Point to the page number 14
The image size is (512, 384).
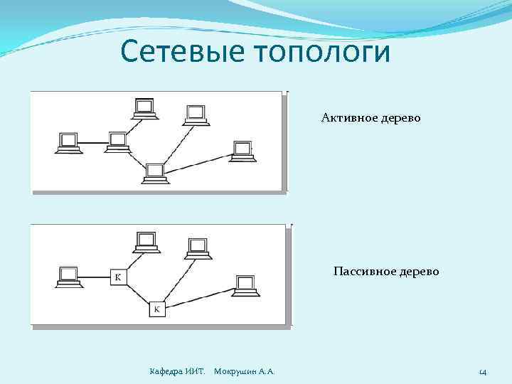click(482, 371)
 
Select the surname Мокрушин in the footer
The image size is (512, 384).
click(236, 371)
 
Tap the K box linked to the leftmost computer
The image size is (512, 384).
click(118, 277)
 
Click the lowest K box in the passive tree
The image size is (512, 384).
click(157, 309)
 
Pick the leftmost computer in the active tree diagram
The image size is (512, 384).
click(69, 143)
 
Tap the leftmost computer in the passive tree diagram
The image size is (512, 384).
click(69, 277)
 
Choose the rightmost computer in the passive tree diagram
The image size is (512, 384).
click(246, 284)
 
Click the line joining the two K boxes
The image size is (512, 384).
click(138, 294)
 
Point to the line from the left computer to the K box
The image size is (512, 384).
click(96, 277)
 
